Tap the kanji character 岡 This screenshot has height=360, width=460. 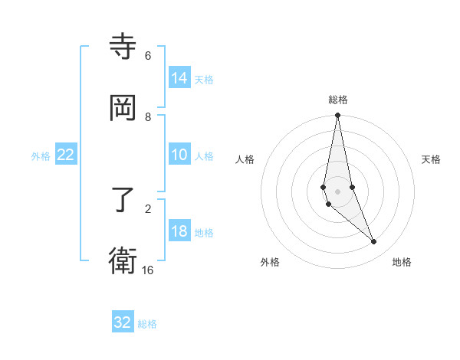point(123,108)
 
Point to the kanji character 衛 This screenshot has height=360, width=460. point(123,261)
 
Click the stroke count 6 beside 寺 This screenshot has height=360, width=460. point(148,56)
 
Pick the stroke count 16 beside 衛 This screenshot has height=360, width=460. point(148,270)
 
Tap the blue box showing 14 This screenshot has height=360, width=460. point(179,77)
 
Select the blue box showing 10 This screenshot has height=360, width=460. point(179,154)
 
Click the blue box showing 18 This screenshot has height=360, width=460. point(179,231)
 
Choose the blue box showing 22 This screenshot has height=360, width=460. point(66,155)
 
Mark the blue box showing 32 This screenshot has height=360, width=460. point(123,322)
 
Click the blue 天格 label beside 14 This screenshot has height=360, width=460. point(204,79)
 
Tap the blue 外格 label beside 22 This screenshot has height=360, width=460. point(41,156)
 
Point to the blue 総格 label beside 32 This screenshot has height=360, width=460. point(147,324)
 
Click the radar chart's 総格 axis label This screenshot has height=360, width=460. point(338,100)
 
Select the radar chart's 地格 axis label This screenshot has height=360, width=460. point(402,262)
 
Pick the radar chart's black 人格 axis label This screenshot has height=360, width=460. point(245,159)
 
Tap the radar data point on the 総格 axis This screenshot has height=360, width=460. point(337,116)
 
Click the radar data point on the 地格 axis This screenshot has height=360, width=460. point(374,242)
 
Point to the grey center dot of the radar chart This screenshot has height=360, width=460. point(337,191)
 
